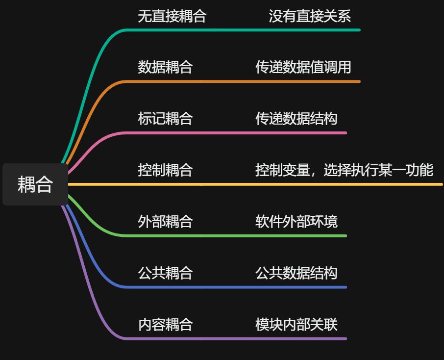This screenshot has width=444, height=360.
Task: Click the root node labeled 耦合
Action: point(35,184)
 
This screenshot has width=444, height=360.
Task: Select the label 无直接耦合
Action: point(172,16)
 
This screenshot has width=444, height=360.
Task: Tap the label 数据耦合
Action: point(165,67)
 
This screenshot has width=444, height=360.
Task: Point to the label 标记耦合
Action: point(165,119)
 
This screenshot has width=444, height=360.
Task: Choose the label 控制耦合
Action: point(165,170)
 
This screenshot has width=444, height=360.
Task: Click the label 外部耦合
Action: point(165,222)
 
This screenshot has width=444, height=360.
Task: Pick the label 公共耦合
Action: point(165,273)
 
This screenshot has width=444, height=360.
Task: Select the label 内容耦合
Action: point(165,324)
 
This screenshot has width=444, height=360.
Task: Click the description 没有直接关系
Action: point(310,16)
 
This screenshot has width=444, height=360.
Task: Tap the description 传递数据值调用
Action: point(303,67)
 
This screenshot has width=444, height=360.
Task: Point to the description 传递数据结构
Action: point(296,119)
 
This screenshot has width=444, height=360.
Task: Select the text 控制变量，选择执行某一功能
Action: point(344,170)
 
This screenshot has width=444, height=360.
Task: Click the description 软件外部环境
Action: point(296,222)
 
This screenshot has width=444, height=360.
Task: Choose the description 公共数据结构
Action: point(296,273)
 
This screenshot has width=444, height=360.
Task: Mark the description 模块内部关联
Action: point(296,324)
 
